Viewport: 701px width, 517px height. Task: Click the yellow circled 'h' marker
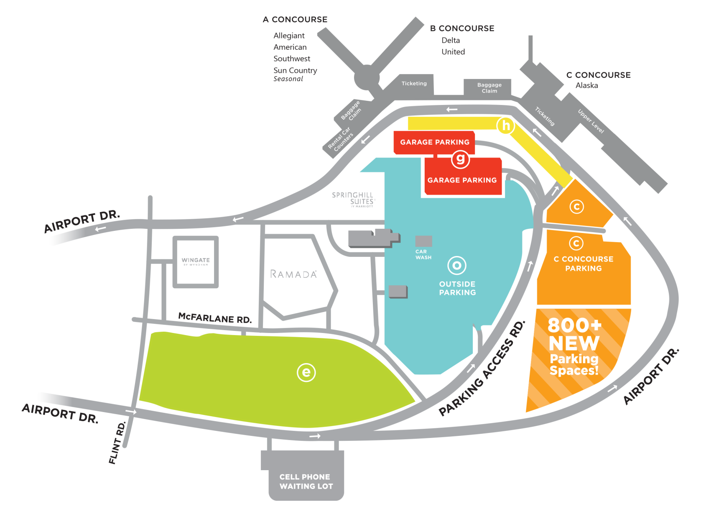[506, 125]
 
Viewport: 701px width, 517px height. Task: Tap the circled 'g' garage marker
[460, 159]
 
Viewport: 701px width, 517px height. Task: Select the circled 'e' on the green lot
[306, 372]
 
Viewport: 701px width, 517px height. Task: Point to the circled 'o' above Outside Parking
[457, 265]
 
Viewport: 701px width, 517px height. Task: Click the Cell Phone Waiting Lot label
[306, 481]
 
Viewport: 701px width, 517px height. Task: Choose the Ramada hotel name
[293, 274]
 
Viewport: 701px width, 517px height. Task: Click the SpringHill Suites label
[353, 199]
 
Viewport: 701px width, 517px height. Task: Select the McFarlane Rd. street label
[215, 318]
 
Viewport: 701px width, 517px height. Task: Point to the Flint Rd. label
[117, 443]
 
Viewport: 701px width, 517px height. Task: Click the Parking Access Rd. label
[482, 369]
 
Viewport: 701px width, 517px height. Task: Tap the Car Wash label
[423, 254]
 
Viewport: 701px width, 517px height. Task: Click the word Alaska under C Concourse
[586, 85]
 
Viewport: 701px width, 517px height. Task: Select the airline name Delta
[451, 40]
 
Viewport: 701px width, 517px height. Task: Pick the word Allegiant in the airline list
[289, 36]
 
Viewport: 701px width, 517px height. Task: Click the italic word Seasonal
[288, 79]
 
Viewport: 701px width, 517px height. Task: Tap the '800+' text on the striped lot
[574, 325]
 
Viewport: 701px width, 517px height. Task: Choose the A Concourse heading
[295, 19]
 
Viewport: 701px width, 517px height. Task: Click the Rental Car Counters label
[341, 140]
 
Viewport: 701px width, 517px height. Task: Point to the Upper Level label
[591, 121]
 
